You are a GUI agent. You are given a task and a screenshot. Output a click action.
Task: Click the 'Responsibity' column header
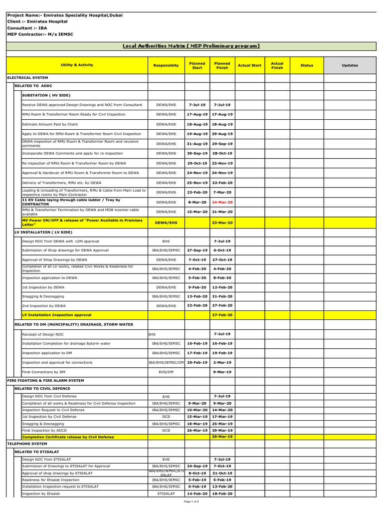pyautogui.click(x=166, y=65)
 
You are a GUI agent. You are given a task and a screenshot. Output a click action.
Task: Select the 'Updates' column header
pyautogui.click(x=350, y=65)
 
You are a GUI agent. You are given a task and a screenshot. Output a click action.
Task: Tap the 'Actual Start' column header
pyautogui.click(x=249, y=65)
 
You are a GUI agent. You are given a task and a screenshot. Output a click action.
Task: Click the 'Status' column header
pyautogui.click(x=307, y=65)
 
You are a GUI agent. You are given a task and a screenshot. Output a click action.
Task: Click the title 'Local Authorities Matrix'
pyautogui.click(x=191, y=46)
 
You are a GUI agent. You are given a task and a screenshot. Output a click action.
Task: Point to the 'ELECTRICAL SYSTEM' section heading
pyautogui.click(x=27, y=78)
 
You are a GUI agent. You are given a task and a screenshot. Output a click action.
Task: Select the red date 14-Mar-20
pyautogui.click(x=222, y=202)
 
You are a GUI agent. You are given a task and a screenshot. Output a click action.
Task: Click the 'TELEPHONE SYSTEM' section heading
pyautogui.click(x=27, y=444)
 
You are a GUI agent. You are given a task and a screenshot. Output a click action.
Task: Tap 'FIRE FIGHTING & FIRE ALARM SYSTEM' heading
pyautogui.click(x=45, y=380)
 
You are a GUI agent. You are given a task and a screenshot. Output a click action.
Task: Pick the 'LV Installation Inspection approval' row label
pyautogui.click(x=57, y=315)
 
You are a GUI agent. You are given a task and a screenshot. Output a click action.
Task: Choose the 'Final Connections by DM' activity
pyautogui.click(x=43, y=372)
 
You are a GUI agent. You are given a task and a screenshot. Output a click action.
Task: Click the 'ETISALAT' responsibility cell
pyautogui.click(x=166, y=494)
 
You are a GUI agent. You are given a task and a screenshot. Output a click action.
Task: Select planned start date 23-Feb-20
pyautogui.click(x=197, y=192)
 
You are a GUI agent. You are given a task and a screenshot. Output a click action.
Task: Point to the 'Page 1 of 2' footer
pyautogui.click(x=191, y=502)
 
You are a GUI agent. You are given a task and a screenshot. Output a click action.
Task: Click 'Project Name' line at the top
pyautogui.click(x=64, y=15)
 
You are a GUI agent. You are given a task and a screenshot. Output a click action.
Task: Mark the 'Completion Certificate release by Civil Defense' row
pyautogui.click(x=68, y=437)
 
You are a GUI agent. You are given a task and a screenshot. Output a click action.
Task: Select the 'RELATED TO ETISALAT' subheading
pyautogui.click(x=37, y=452)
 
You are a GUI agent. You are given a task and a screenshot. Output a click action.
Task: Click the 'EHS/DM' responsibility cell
pyautogui.click(x=166, y=372)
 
